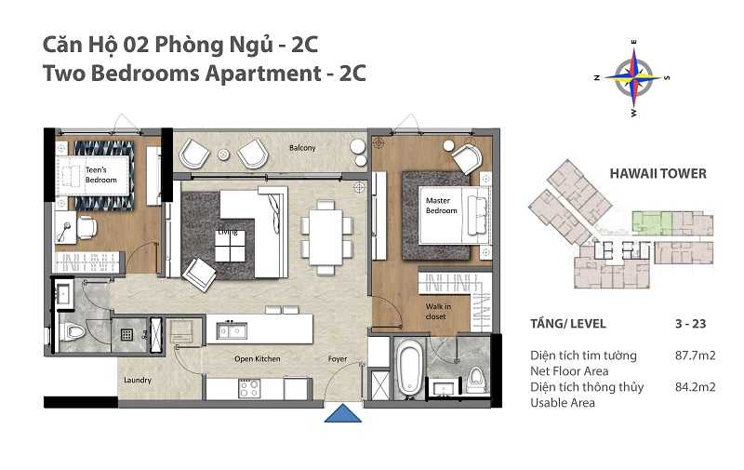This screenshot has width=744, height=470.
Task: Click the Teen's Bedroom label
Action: (101, 174)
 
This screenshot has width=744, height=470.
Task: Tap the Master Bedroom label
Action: (442, 205)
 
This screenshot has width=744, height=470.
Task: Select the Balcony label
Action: (301, 148)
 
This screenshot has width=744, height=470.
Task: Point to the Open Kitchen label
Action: (257, 358)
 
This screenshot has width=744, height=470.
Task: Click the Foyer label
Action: (337, 358)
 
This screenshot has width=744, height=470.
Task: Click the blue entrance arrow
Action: (343, 412)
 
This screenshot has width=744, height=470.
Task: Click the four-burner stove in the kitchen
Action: (249, 387)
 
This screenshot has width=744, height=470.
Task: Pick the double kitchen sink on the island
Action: (232, 329)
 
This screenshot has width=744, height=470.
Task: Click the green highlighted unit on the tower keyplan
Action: (650, 222)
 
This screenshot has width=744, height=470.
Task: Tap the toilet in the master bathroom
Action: (475, 378)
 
